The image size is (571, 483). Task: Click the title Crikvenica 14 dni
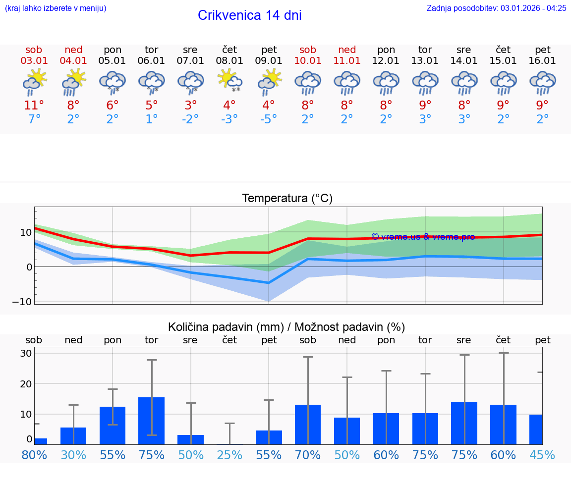click(x=249, y=15)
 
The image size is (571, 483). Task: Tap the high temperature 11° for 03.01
click(x=34, y=106)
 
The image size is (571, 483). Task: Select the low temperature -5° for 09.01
click(x=269, y=119)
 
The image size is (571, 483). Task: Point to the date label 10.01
click(x=308, y=61)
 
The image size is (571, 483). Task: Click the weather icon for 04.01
click(x=73, y=82)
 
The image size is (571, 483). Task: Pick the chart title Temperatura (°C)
click(x=287, y=199)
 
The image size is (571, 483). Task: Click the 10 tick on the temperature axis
click(x=26, y=232)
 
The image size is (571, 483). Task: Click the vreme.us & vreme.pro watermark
click(x=423, y=237)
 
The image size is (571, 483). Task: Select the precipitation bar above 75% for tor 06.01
click(x=152, y=421)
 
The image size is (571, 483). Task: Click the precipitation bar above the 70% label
click(x=308, y=424)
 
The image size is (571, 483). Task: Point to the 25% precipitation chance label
click(x=229, y=455)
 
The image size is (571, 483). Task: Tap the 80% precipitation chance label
click(x=34, y=455)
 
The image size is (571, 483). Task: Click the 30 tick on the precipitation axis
click(x=26, y=353)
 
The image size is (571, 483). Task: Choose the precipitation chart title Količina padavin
click(x=286, y=327)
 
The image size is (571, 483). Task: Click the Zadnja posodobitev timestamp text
click(x=496, y=8)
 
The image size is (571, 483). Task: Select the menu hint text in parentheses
click(x=56, y=8)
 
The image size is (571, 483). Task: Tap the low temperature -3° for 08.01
click(x=229, y=119)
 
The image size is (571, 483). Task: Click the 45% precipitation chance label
click(x=542, y=455)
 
